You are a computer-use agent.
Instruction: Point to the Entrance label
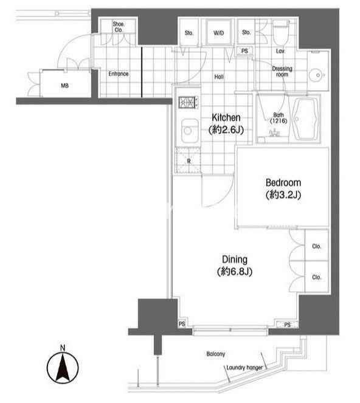(x=119, y=74)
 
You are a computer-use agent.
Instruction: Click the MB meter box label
(x=65, y=86)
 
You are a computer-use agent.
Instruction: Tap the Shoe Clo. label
(x=119, y=27)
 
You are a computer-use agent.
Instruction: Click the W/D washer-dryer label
(x=218, y=33)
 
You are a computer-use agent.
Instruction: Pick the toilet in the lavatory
(x=281, y=33)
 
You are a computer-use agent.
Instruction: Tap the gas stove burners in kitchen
(x=189, y=102)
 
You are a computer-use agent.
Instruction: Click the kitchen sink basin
(x=190, y=131)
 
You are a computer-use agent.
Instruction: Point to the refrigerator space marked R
(x=189, y=160)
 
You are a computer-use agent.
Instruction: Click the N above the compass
(x=63, y=348)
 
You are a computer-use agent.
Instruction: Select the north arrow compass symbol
(x=63, y=368)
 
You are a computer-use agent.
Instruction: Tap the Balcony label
(x=216, y=354)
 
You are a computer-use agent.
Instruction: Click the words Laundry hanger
(x=244, y=368)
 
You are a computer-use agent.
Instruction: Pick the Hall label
(x=219, y=77)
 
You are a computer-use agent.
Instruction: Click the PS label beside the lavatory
(x=244, y=51)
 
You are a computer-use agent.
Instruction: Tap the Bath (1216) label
(x=279, y=118)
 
